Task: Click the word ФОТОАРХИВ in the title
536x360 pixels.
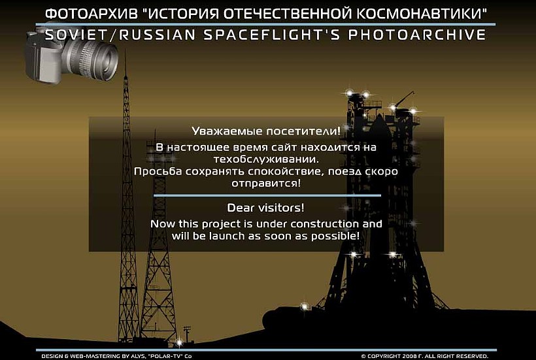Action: click(x=92, y=14)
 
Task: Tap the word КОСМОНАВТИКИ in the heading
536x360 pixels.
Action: click(x=422, y=14)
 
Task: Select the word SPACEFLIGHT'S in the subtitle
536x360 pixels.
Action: click(x=272, y=35)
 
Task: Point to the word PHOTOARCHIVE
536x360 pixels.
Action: click(x=417, y=35)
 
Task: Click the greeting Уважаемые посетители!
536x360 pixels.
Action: click(x=266, y=131)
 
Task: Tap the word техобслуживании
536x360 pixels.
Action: click(x=266, y=159)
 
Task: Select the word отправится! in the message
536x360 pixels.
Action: click(x=266, y=184)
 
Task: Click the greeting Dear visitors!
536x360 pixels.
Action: click(x=265, y=208)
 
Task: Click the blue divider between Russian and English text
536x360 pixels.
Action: click(x=267, y=196)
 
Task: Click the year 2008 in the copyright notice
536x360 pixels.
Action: click(x=410, y=356)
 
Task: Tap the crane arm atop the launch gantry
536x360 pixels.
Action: click(x=406, y=97)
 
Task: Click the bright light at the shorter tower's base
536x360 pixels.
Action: click(x=179, y=342)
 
